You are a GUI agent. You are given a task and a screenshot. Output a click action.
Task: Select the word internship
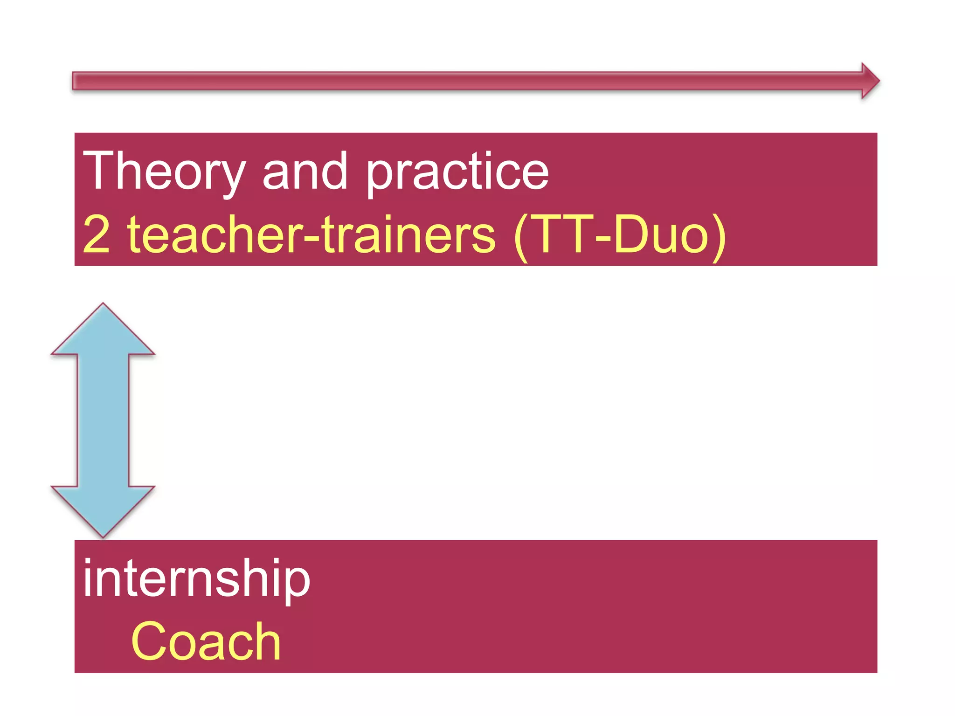(x=196, y=579)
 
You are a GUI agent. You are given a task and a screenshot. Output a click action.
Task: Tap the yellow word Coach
(x=206, y=642)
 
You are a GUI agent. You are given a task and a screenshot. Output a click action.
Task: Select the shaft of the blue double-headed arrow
(x=103, y=420)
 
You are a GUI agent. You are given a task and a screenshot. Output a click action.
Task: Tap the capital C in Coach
(x=149, y=642)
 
